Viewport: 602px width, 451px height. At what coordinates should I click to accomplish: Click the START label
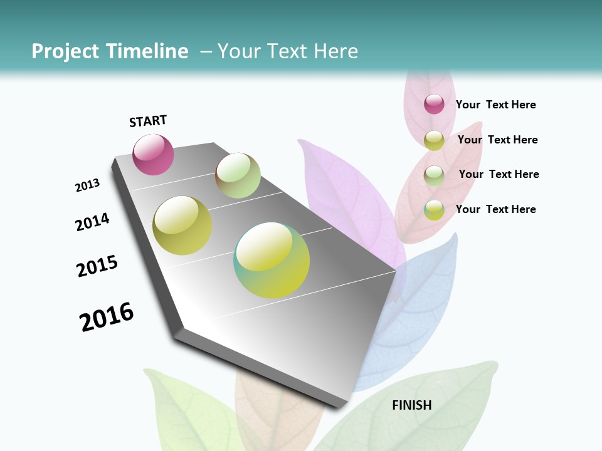(x=148, y=121)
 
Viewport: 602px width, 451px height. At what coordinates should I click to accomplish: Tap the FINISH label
(x=411, y=405)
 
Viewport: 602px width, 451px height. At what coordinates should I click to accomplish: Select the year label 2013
(x=88, y=185)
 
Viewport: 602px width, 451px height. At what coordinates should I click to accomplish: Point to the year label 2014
(x=92, y=222)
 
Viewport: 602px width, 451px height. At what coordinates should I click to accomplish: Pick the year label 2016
(x=107, y=317)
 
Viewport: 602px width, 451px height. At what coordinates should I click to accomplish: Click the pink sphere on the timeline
(x=153, y=155)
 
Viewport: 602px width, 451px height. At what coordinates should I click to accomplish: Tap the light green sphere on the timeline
(x=238, y=175)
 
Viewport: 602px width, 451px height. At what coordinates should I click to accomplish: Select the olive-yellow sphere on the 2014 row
(x=182, y=225)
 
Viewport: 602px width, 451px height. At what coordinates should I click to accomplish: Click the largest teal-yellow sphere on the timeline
(x=272, y=260)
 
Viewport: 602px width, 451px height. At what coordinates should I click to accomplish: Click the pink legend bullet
(x=434, y=104)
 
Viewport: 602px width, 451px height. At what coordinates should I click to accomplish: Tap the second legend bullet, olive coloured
(x=434, y=140)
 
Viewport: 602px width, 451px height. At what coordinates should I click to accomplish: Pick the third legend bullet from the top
(x=434, y=175)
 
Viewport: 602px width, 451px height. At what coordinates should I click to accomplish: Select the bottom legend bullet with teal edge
(x=434, y=210)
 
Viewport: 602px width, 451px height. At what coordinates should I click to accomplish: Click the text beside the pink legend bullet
(x=495, y=105)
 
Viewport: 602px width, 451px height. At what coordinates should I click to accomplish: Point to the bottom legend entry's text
(x=495, y=209)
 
